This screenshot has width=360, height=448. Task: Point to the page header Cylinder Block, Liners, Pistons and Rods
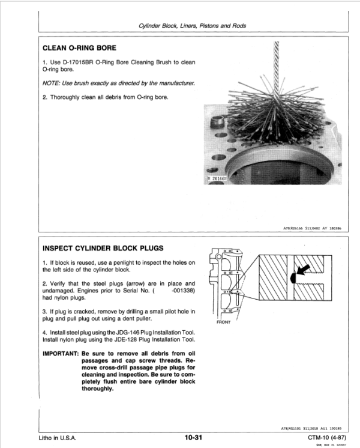tap(193, 26)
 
